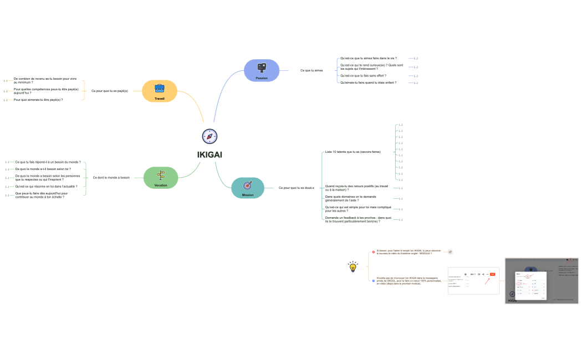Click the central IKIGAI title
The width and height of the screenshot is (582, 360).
pos(210,155)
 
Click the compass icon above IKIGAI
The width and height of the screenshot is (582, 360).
pos(210,136)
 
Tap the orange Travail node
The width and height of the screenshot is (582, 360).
pos(160,91)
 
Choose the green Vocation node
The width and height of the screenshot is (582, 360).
pos(161,178)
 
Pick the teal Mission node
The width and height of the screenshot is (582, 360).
pos(248,188)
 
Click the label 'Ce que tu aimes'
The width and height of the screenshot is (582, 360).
pos(312,70)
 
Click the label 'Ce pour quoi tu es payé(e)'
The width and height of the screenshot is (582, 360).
pos(110,90)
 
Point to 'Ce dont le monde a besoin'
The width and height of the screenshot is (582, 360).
pos(111,178)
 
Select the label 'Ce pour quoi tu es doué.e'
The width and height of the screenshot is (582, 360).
pos(296,188)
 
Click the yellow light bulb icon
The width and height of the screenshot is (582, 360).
pos(353,267)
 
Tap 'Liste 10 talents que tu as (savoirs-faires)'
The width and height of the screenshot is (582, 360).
pos(353,151)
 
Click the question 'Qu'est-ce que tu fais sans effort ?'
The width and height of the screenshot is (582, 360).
pos(363,75)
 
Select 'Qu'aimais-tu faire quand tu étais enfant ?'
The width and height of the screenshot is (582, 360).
pos(368,83)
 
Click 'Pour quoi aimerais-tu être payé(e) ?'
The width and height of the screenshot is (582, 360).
pos(38,100)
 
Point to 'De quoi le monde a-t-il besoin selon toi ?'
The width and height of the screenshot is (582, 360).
pos(43,169)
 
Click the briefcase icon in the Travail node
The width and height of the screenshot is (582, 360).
pos(160,88)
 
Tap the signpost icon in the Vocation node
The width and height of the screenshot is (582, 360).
pos(161,175)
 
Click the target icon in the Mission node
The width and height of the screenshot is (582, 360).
pos(248,184)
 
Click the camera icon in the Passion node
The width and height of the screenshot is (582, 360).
pos(262,68)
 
